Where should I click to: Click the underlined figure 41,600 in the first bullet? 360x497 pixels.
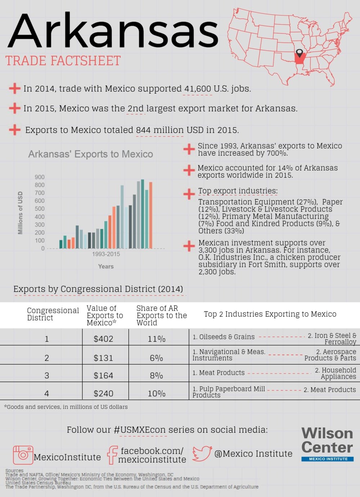[198, 89]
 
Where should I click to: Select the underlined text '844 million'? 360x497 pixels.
[159, 130]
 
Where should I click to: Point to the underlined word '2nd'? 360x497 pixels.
[136, 108]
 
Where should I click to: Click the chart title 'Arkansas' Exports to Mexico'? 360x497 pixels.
[91, 154]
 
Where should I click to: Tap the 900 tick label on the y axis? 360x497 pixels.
[40, 177]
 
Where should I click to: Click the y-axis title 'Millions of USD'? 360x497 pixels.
[21, 213]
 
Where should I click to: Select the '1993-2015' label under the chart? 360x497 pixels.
[106, 254]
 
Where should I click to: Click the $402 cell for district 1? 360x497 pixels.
[103, 339]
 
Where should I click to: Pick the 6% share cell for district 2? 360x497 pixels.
[157, 358]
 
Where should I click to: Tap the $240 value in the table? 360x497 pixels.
[103, 393]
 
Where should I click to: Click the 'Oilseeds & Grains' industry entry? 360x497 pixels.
[224, 337]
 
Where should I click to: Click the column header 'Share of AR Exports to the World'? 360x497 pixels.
[162, 315]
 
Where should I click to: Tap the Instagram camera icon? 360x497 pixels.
[23, 455]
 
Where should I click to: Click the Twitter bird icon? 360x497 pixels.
[202, 453]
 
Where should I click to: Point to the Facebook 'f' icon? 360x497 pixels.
[112, 455]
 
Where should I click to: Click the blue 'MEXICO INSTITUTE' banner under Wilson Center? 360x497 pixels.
[328, 459]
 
